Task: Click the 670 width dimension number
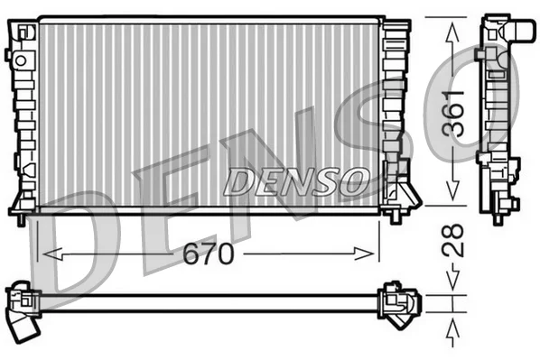208,254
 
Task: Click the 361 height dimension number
453,114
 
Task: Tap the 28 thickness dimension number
453,239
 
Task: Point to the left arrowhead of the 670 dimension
52,254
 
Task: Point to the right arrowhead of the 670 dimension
364,254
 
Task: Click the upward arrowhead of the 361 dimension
452,33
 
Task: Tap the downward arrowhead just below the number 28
452,276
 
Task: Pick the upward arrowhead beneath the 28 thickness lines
452,331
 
